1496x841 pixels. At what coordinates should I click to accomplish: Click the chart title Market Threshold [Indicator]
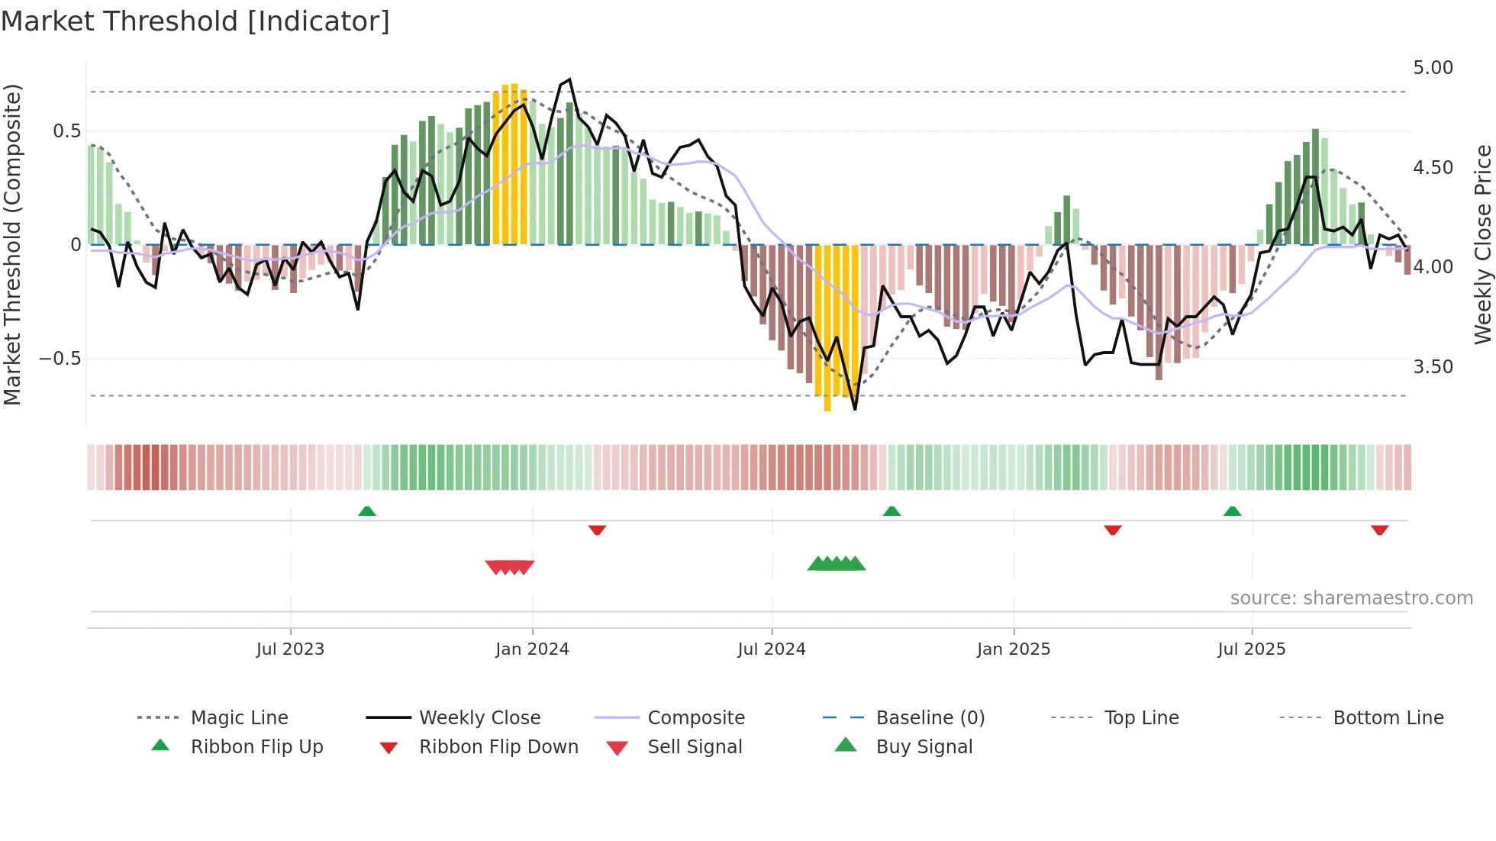pyautogui.click(x=195, y=21)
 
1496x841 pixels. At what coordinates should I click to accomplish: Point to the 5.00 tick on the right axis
pyautogui.click(x=1433, y=68)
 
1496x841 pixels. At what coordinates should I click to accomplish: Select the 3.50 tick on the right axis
pyautogui.click(x=1433, y=367)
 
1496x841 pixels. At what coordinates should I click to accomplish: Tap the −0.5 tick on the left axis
pyautogui.click(x=60, y=359)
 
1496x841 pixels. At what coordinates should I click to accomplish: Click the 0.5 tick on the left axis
pyautogui.click(x=66, y=131)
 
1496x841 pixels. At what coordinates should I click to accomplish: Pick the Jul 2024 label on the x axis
pyautogui.click(x=771, y=649)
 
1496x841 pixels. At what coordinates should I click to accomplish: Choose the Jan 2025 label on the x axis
pyautogui.click(x=1013, y=649)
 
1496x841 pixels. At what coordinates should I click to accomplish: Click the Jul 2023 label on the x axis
pyautogui.click(x=290, y=649)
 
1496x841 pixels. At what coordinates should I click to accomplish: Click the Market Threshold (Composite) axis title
pyautogui.click(x=12, y=244)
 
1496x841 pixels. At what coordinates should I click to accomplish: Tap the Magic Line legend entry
pyautogui.click(x=239, y=718)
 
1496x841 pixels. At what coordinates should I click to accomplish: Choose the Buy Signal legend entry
pyautogui.click(x=924, y=747)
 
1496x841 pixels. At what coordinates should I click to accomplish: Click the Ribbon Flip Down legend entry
pyautogui.click(x=498, y=747)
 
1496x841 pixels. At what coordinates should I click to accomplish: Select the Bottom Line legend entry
pyautogui.click(x=1388, y=718)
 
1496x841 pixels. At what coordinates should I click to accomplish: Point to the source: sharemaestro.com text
pyautogui.click(x=1351, y=598)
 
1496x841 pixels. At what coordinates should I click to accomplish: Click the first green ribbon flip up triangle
pyautogui.click(x=367, y=511)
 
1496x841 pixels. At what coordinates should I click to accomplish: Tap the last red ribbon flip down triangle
pyautogui.click(x=1379, y=530)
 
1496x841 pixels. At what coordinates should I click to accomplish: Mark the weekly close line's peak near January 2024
pyautogui.click(x=569, y=79)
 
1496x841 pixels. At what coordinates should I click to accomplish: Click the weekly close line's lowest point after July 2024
pyautogui.click(x=855, y=409)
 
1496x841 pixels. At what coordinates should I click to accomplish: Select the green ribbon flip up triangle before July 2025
pyautogui.click(x=1232, y=511)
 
